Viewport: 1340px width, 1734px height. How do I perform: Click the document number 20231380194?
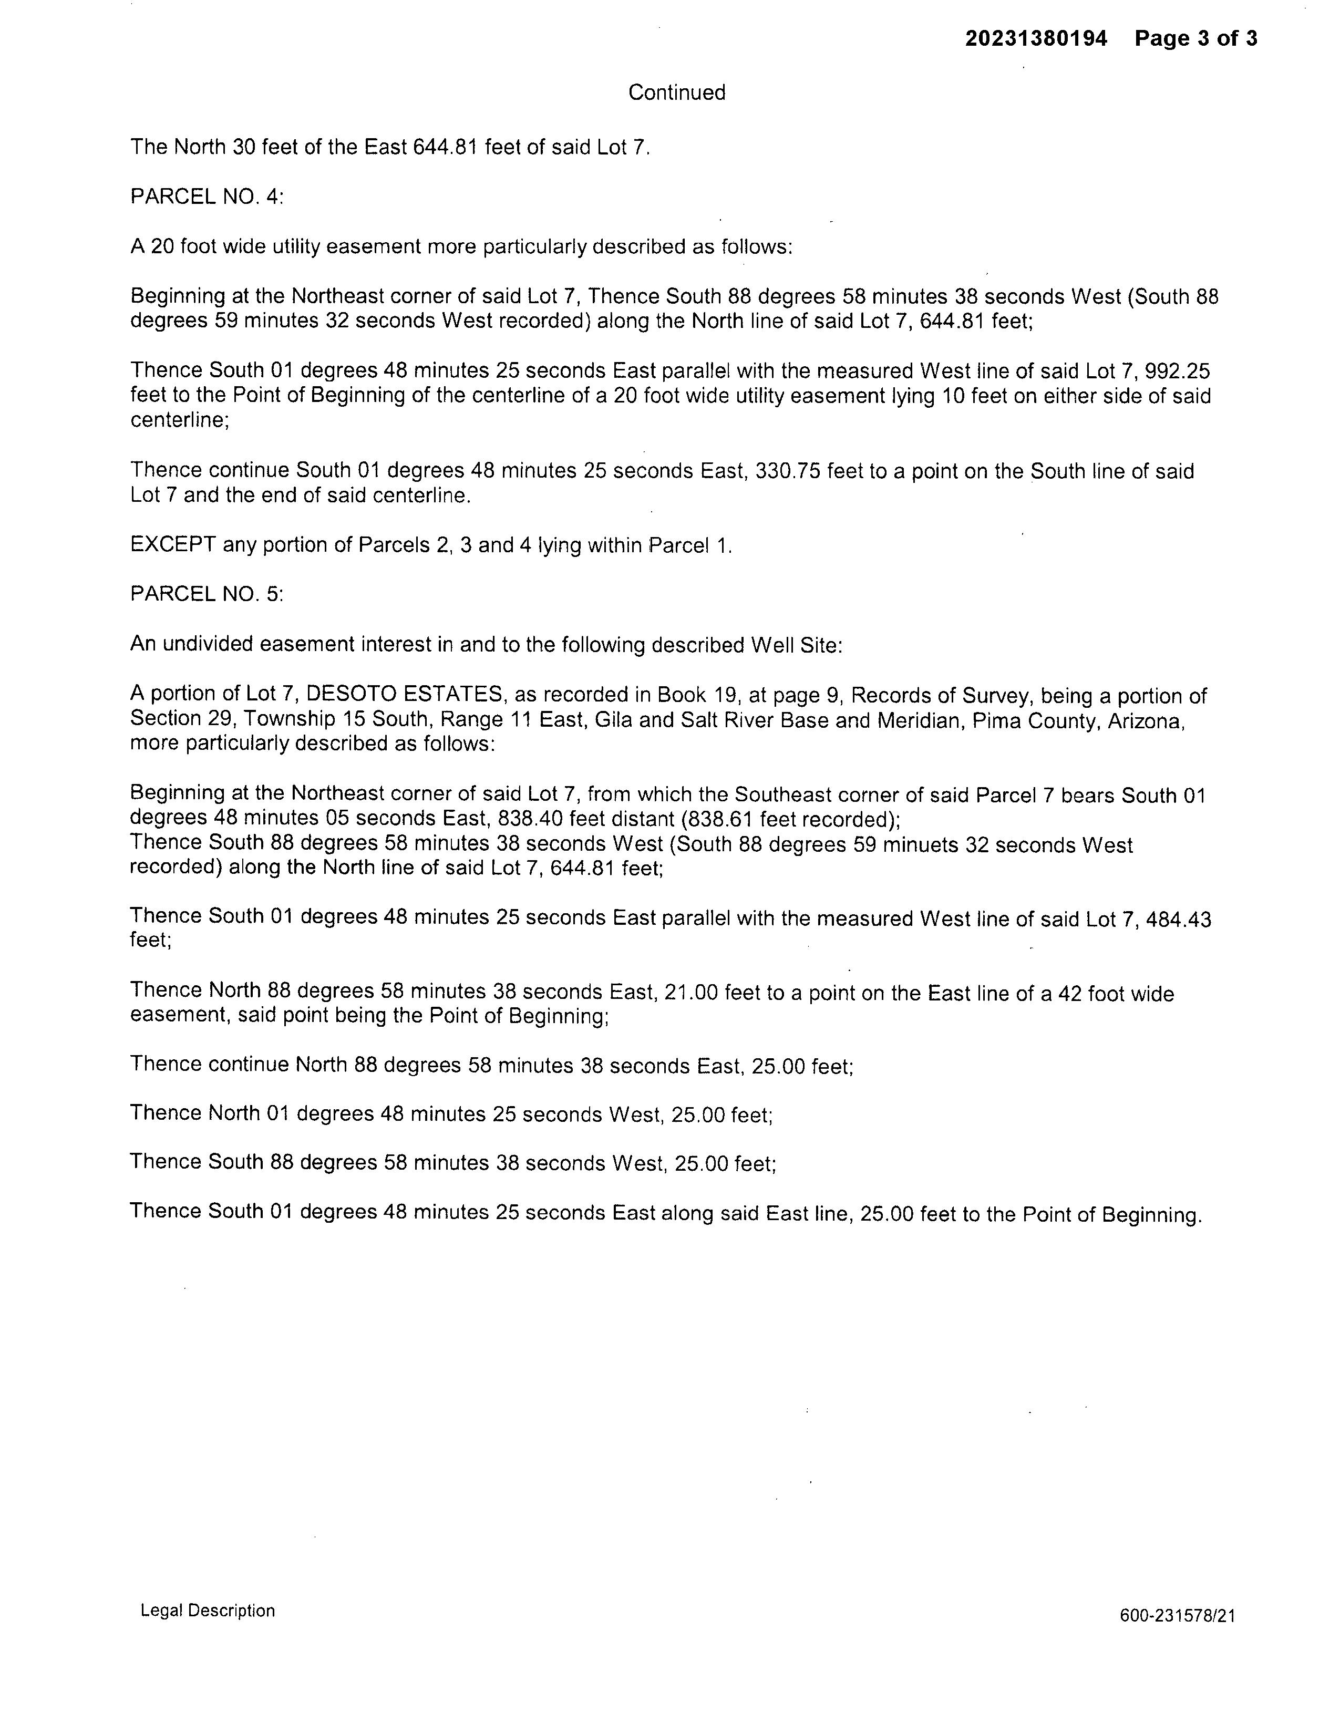pos(1035,38)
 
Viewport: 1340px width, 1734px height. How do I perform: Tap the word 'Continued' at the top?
pos(676,93)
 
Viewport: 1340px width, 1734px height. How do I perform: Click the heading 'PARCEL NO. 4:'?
pos(207,197)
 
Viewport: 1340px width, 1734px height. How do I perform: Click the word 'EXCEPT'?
pos(173,545)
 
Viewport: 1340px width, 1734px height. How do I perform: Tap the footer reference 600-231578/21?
pos(1177,1616)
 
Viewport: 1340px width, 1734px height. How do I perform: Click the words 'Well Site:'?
pos(796,645)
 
